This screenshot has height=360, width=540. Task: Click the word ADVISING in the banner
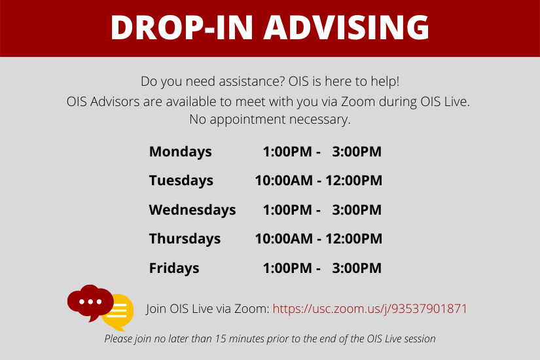point(346,27)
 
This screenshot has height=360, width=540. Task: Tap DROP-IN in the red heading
point(182,27)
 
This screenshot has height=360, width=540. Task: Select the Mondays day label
point(181,152)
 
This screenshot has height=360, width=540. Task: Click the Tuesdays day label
point(181,181)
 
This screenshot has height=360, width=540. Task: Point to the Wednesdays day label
point(192,210)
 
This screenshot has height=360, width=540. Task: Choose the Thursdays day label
point(185,239)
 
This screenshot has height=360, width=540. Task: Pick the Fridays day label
point(174,268)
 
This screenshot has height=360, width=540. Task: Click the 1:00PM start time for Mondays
point(287,152)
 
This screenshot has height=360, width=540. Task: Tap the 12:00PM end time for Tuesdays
point(354,181)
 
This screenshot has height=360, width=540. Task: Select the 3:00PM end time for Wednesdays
point(357,210)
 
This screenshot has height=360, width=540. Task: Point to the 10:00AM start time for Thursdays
point(284,239)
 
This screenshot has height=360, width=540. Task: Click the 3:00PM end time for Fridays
point(357,268)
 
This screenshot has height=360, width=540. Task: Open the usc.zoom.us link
point(370,309)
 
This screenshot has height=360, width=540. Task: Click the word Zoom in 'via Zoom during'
point(358,101)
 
